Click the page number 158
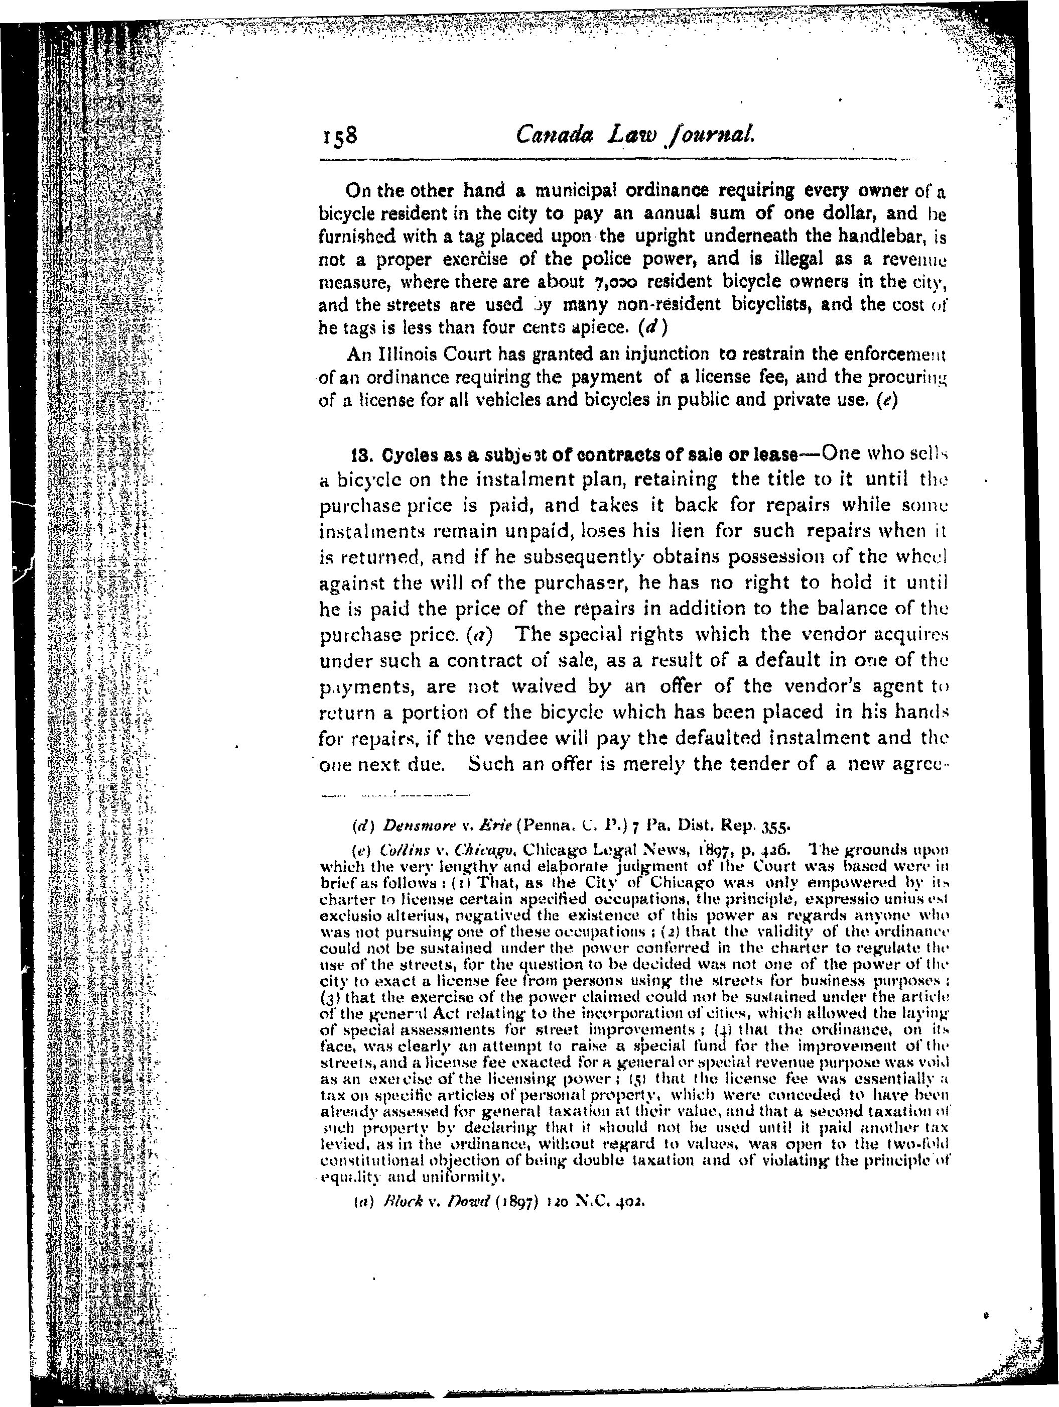(x=340, y=136)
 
